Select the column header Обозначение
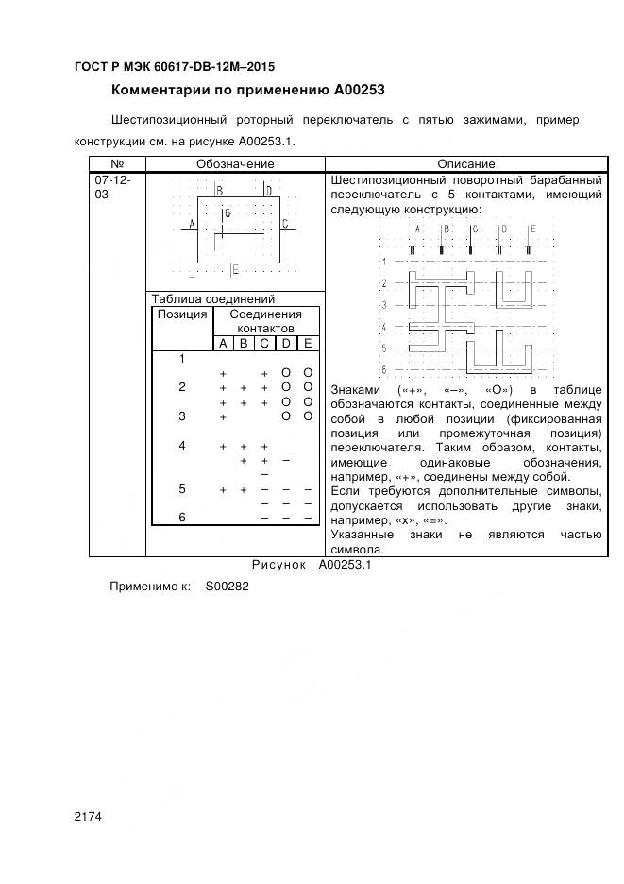[235, 164]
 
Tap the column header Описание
[465, 164]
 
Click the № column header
[117, 164]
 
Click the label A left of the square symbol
[192, 224]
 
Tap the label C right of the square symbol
[284, 224]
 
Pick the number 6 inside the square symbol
[228, 214]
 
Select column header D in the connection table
[286, 343]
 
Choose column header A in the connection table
[223, 343]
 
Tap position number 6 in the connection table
[181, 517]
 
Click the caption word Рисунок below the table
[279, 564]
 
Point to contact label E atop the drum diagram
[532, 229]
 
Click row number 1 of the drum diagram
[383, 262]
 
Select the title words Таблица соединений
[212, 299]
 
